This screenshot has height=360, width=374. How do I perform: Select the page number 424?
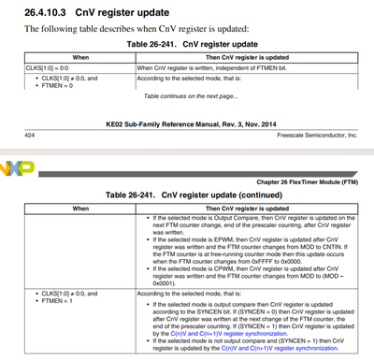point(16,135)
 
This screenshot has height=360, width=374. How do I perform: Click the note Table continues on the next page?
point(190,96)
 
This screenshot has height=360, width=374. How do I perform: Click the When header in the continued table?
point(79,207)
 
